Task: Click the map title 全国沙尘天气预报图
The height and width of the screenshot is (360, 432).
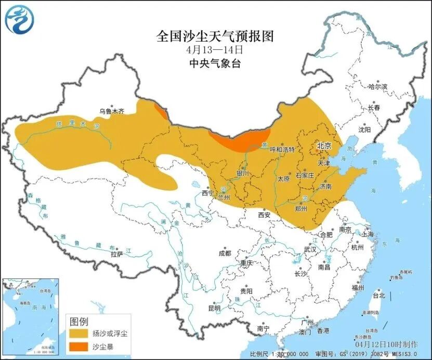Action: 215,36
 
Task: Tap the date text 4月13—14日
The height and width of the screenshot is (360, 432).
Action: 215,50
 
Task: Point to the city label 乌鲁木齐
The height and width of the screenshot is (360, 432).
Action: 112,111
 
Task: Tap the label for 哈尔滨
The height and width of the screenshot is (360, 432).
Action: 377,87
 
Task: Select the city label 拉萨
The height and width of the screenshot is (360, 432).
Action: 116,254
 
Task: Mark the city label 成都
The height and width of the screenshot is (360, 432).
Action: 225,253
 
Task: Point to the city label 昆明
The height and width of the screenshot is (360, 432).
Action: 214,308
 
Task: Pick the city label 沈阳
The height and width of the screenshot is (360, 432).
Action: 365,129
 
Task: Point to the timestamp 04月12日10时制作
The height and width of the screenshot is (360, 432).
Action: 386,344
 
